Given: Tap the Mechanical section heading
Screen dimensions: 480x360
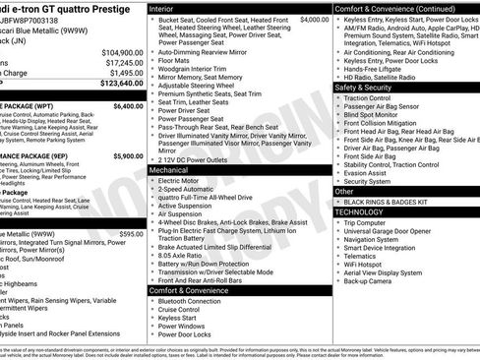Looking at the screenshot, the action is pos(171,170).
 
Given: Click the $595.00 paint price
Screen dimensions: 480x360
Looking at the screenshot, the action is pos(131,234).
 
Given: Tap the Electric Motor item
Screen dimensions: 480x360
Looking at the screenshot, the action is pos(181,181).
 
